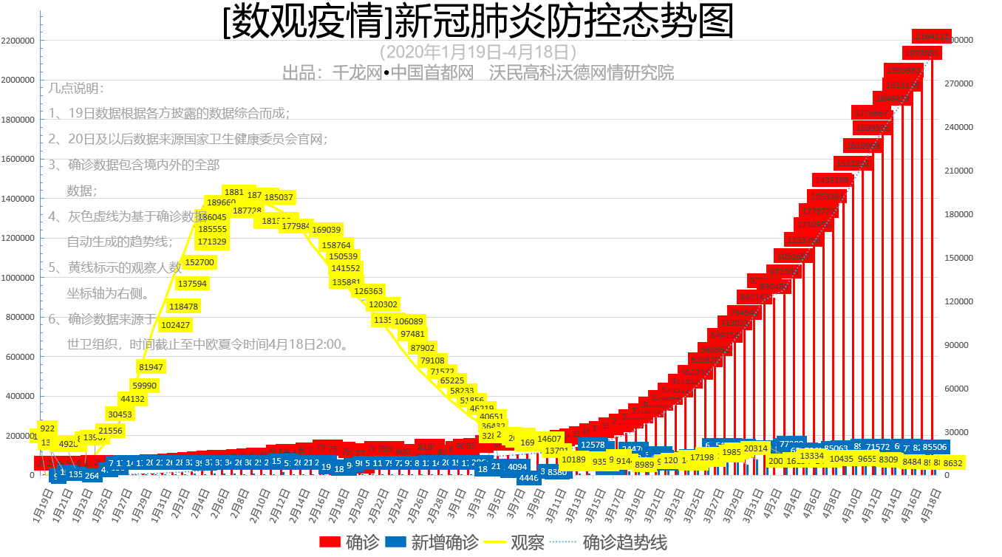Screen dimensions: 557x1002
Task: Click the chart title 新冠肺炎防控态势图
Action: tap(478, 22)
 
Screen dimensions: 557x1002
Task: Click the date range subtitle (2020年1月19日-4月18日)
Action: tap(477, 52)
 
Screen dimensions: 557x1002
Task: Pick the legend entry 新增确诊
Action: tap(430, 542)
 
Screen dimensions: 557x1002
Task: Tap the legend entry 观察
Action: tap(514, 542)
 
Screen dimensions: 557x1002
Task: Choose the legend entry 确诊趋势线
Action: tap(611, 542)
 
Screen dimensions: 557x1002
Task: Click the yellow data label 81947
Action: tap(151, 366)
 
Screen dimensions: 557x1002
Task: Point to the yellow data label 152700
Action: tap(200, 262)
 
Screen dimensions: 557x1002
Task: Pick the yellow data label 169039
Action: tap(326, 230)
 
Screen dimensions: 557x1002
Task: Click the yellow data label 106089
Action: tap(409, 321)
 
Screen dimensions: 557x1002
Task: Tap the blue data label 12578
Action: tap(593, 445)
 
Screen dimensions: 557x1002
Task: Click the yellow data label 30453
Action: tap(120, 414)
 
